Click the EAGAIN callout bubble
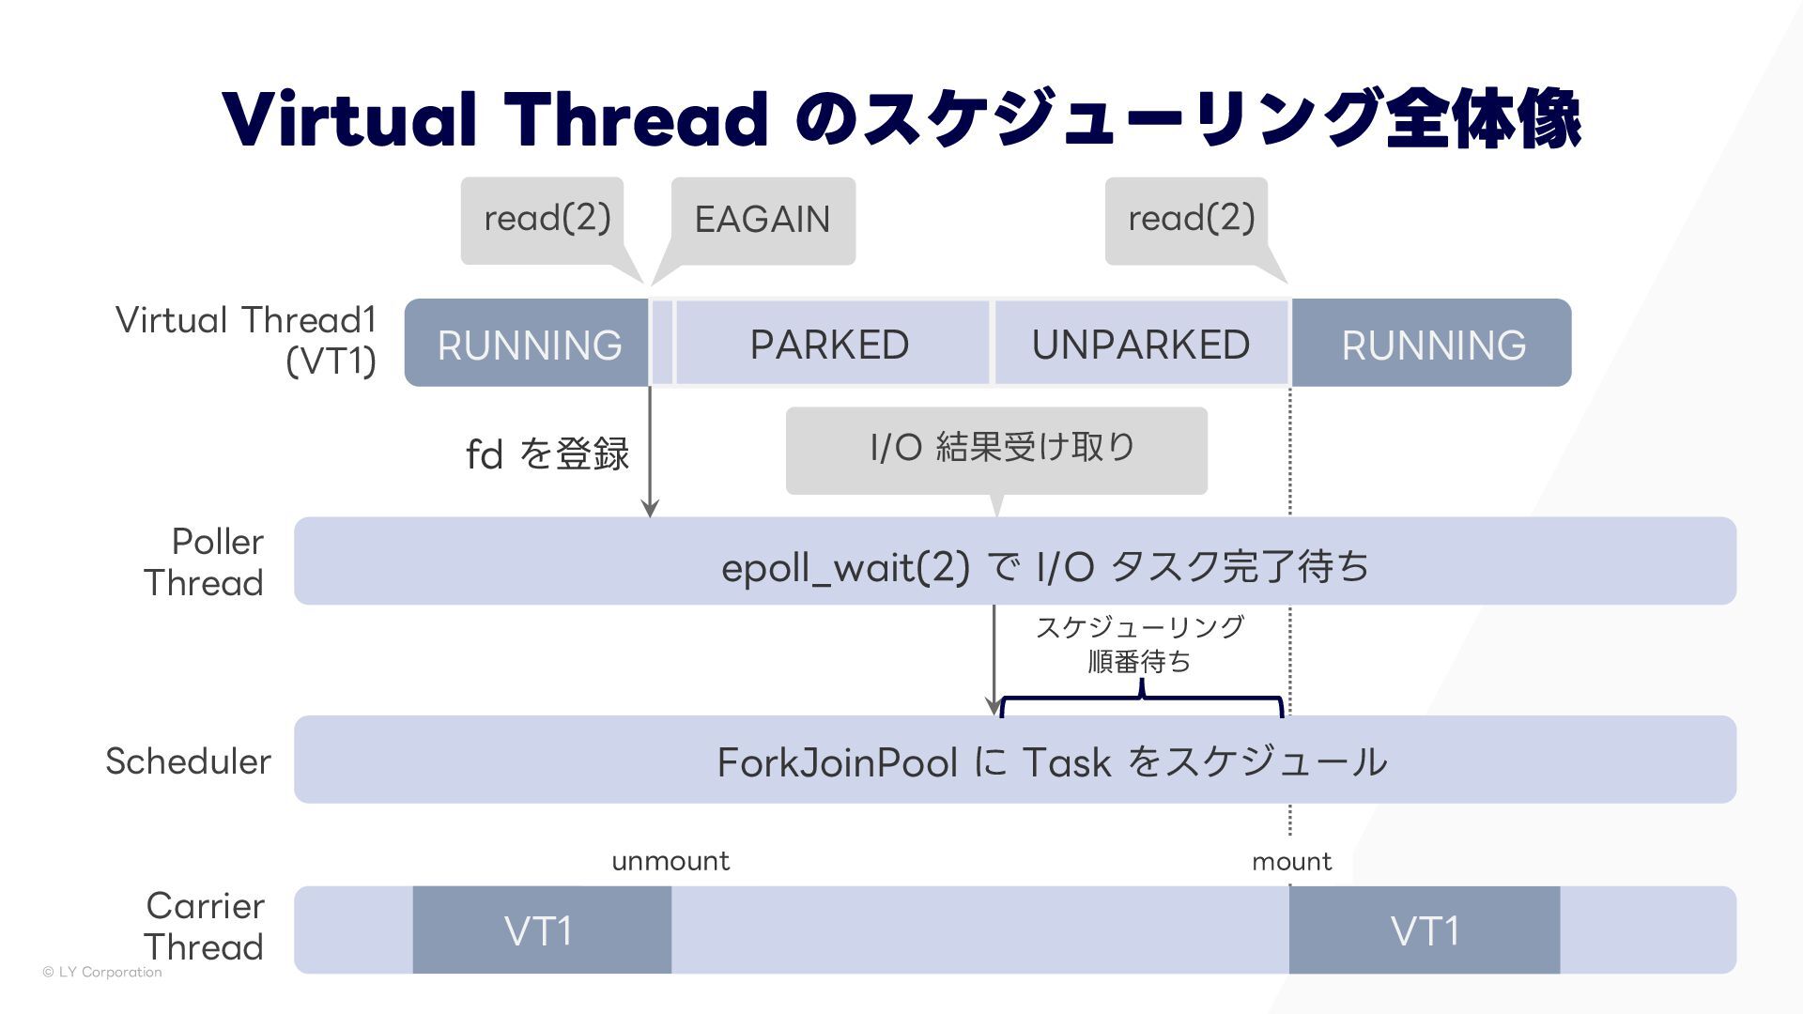(x=763, y=221)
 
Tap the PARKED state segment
(x=830, y=344)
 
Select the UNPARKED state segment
(x=1141, y=344)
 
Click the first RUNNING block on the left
(x=528, y=344)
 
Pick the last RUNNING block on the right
(x=1433, y=344)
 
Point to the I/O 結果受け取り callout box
(x=996, y=450)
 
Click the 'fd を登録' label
(x=547, y=454)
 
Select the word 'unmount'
(x=670, y=861)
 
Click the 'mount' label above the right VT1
(x=1291, y=861)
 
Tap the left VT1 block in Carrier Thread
(x=541, y=930)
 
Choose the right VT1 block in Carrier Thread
(x=1424, y=930)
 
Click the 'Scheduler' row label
(x=188, y=760)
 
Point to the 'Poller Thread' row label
(x=205, y=561)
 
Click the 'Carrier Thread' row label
(x=205, y=926)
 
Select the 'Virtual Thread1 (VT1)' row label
(x=246, y=340)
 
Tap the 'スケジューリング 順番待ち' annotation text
(x=1140, y=644)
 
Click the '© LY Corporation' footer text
(x=102, y=972)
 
